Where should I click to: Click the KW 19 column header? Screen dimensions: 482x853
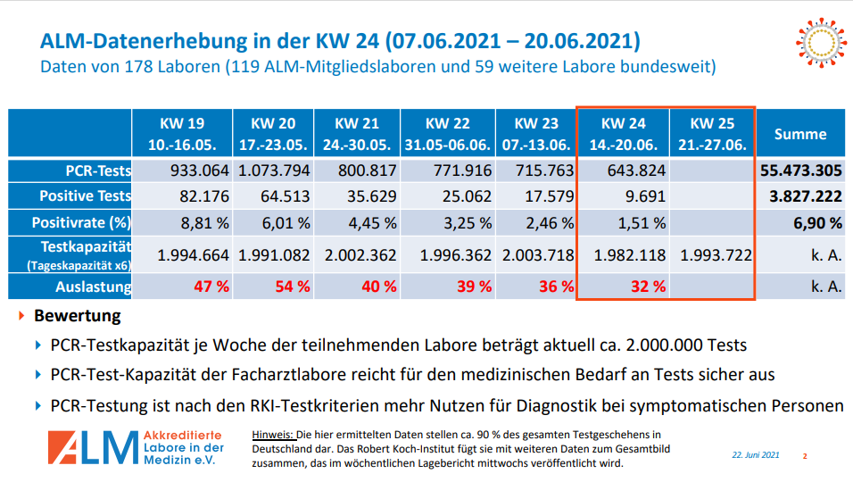click(x=183, y=134)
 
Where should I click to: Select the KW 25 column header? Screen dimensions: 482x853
click(x=712, y=134)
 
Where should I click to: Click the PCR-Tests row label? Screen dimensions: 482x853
click(x=98, y=170)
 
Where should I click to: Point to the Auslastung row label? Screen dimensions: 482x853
click(x=93, y=287)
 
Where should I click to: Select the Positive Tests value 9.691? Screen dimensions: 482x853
click(x=641, y=196)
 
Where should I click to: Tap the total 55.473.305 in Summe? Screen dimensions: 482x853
click(x=801, y=170)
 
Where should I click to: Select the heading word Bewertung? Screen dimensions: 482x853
click(x=77, y=316)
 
